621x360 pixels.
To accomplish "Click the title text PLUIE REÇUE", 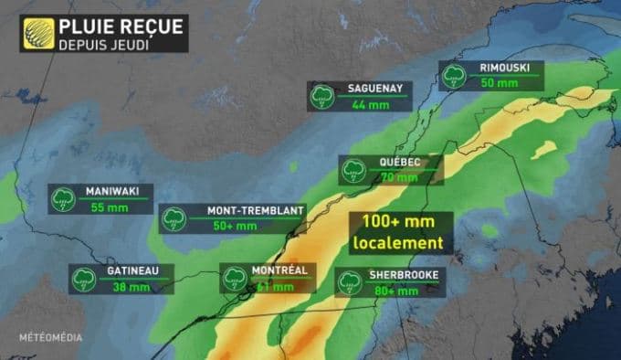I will (x=121, y=26).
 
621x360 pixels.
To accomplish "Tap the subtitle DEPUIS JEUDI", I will (x=102, y=43).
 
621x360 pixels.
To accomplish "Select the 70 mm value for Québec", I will (x=398, y=177).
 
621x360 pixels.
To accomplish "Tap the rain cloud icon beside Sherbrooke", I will (x=348, y=282).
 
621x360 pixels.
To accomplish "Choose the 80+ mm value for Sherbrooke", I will (x=395, y=291).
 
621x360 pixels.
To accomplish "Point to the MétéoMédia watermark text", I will (x=50, y=337).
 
